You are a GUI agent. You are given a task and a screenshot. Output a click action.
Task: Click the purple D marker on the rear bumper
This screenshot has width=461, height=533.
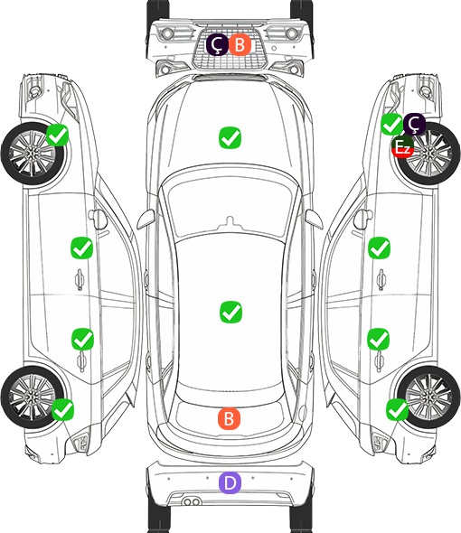tap(230, 482)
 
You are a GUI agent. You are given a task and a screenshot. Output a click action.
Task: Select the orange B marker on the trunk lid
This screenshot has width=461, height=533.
tap(229, 418)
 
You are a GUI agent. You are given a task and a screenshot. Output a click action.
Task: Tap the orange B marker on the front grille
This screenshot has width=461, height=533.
tap(240, 44)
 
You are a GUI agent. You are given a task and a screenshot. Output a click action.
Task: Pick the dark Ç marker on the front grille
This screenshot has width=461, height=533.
tap(217, 44)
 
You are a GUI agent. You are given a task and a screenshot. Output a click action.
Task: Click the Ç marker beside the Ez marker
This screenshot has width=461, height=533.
tap(414, 124)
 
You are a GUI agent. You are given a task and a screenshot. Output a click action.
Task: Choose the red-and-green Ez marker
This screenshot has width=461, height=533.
tap(402, 147)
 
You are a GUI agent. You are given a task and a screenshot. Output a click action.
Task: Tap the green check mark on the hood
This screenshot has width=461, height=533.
tap(230, 137)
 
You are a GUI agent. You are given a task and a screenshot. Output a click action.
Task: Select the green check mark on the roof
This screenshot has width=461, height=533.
tap(230, 312)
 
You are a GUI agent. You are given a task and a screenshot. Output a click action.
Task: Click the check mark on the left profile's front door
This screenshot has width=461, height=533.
tap(81, 248)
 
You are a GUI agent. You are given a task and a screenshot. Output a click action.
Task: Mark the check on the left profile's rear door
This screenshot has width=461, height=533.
tap(82, 339)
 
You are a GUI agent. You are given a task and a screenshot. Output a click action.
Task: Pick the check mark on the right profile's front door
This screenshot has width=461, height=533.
tap(380, 248)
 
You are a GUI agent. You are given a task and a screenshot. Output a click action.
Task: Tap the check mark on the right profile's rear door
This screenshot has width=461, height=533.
tap(379, 339)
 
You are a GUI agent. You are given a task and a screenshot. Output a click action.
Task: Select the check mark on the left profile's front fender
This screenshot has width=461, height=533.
tap(57, 135)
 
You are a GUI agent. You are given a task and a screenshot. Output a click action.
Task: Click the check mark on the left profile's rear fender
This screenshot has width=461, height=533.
tap(62, 409)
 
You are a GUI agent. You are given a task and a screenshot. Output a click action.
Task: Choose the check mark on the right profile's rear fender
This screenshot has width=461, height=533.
tap(398, 409)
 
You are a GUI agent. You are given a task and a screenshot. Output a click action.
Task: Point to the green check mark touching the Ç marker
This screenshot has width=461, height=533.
tap(391, 124)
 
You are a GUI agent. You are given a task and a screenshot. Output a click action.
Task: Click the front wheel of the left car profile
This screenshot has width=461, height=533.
tap(32, 154)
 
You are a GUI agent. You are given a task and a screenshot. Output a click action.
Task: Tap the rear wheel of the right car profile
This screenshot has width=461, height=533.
tap(428, 397)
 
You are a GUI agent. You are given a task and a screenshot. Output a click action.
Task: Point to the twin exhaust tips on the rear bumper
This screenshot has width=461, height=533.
tap(192, 502)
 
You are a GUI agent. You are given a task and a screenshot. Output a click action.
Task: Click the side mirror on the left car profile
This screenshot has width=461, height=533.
tap(98, 220)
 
